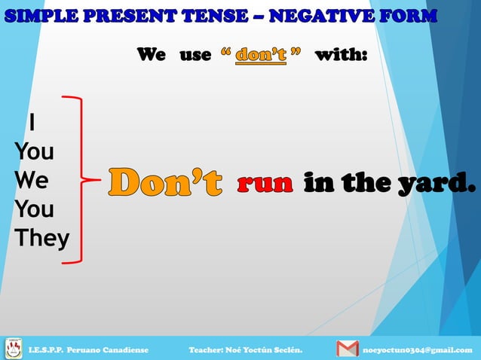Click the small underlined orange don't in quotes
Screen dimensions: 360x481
point(260,55)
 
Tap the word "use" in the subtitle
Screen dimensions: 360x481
point(195,55)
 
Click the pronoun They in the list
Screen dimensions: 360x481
point(41,239)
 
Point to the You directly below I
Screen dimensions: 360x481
point(34,151)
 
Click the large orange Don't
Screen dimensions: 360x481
point(165,182)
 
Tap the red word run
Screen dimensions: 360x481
point(265,182)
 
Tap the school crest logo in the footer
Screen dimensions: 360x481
point(14,348)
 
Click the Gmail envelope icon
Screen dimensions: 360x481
point(347,349)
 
